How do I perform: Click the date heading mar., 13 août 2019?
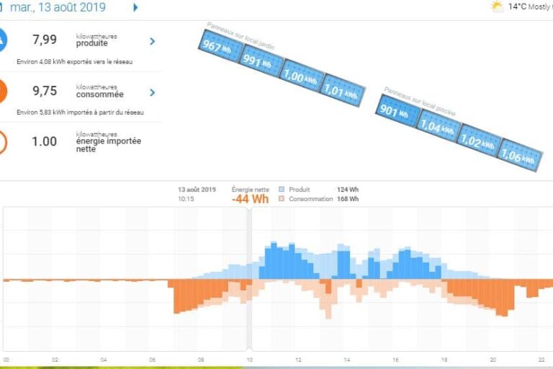pyautogui.click(x=58, y=8)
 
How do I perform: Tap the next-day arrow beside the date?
pyautogui.click(x=135, y=8)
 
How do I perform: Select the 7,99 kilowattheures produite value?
pyautogui.click(x=45, y=40)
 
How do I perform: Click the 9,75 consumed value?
pyautogui.click(x=45, y=91)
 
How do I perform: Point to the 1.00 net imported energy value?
pyautogui.click(x=45, y=141)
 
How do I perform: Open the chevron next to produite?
pyautogui.click(x=152, y=41)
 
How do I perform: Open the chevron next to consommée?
pyautogui.click(x=152, y=92)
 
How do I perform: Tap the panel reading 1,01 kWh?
pyautogui.click(x=341, y=91)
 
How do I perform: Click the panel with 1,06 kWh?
pyautogui.click(x=519, y=154)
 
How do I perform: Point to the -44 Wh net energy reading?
pyautogui.click(x=250, y=199)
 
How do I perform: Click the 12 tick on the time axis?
pyautogui.click(x=297, y=360)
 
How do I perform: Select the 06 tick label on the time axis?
pyautogui.click(x=152, y=360)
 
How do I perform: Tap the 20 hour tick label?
pyautogui.click(x=493, y=360)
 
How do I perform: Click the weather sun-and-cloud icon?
pyautogui.click(x=497, y=6)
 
